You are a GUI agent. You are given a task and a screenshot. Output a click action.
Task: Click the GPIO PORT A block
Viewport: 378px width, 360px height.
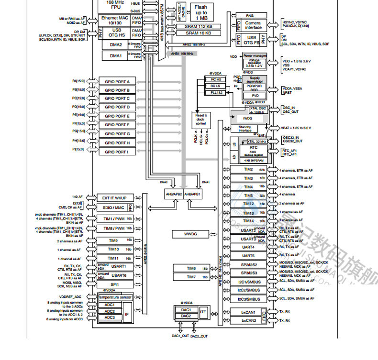[x=117, y=81]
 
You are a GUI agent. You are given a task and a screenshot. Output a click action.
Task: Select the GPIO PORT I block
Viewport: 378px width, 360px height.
[x=117, y=152]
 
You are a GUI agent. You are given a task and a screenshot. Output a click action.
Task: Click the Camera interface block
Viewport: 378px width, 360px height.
[x=253, y=25]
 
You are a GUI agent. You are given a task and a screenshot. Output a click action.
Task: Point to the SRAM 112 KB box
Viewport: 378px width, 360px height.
[x=199, y=26]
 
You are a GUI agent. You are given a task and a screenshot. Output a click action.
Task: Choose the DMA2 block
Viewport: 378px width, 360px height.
[x=115, y=44]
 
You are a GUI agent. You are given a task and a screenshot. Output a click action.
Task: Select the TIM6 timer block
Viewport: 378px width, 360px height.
[x=191, y=268]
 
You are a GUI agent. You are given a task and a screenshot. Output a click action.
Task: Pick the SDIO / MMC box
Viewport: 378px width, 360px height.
[x=113, y=207]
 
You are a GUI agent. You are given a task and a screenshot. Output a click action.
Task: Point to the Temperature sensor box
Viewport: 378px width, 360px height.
[x=115, y=297]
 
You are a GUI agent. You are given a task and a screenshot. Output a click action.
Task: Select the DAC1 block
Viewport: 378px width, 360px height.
[x=186, y=310]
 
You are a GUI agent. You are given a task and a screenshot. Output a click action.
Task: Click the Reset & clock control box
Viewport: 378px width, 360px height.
[x=200, y=119]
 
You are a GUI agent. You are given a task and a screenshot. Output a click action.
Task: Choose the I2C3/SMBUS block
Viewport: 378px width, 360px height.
[x=248, y=299]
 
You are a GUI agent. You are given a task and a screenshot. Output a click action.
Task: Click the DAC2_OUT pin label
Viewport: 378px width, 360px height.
[x=199, y=336]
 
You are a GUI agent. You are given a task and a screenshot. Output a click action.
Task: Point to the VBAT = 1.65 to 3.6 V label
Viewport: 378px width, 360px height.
[x=297, y=128]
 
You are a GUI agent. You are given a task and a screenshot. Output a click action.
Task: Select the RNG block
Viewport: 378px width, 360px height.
[x=249, y=16]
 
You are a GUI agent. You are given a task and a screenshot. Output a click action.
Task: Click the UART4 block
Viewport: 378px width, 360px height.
[x=248, y=247]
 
